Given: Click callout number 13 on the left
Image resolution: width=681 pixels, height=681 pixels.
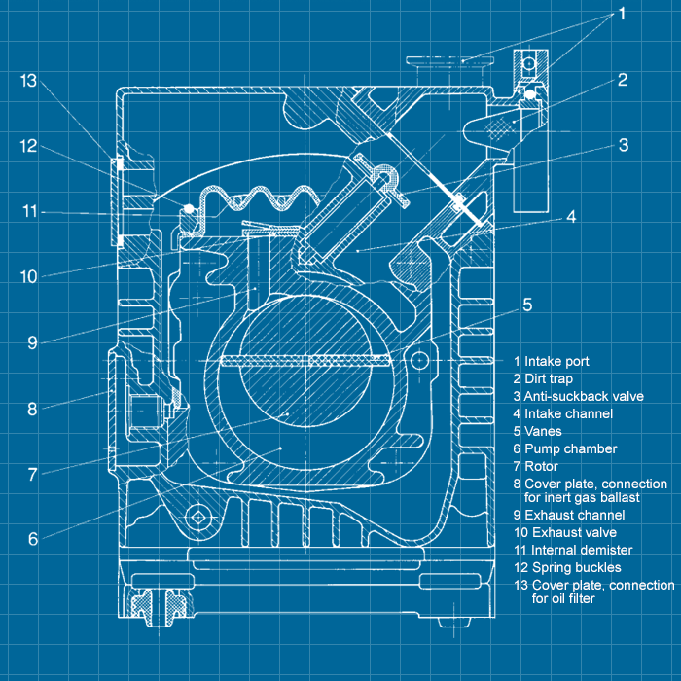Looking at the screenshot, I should coord(27,81).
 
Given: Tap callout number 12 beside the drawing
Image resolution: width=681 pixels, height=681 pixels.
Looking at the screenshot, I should coord(27,146).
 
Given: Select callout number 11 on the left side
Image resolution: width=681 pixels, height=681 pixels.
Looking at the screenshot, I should coord(29,210).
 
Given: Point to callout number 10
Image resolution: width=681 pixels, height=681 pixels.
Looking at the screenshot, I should coord(29,276).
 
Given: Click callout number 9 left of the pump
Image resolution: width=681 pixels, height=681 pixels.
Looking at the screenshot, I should coord(32,342).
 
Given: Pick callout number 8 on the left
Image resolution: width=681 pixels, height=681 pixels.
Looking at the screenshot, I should coord(32,409).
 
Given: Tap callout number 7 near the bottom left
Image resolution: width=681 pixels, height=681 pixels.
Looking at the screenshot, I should coord(32,474).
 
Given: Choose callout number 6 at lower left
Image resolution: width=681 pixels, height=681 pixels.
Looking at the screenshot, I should coord(32,538).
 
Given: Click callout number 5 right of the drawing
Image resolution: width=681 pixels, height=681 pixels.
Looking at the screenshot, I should coord(527,304).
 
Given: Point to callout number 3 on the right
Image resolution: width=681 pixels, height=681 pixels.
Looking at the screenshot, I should coord(623,146).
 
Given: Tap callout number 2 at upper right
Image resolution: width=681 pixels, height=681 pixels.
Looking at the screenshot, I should coord(623,80).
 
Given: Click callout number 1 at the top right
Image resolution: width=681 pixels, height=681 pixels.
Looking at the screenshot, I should coord(623,15).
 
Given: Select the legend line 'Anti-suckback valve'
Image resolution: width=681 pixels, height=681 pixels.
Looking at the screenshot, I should coord(583,396).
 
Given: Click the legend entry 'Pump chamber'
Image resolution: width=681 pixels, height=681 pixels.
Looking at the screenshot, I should coord(570,448).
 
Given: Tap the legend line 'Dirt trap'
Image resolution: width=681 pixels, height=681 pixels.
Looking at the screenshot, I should coord(550,378).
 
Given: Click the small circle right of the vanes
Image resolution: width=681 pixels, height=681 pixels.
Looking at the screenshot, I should coord(420,360).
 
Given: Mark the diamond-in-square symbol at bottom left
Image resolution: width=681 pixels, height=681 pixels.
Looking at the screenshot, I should coord(201,518).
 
